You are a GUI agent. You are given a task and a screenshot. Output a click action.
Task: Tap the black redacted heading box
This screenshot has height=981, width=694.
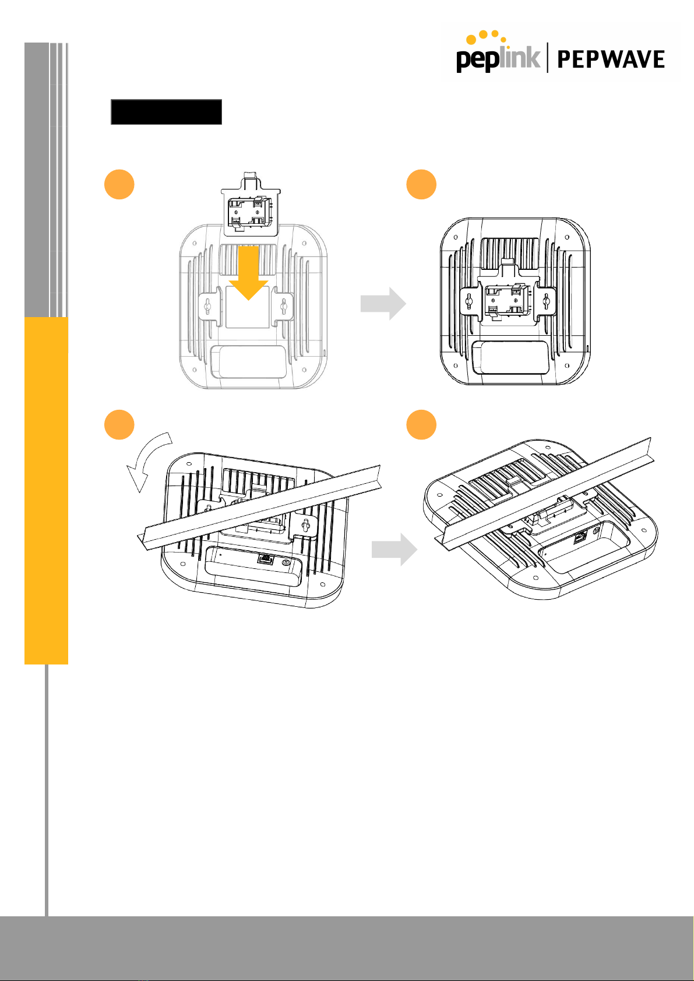pos(166,112)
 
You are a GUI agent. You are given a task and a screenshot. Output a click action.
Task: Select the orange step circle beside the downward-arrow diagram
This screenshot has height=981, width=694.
pos(119,184)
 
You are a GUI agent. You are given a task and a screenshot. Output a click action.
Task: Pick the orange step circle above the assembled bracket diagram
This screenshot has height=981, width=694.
pos(421,184)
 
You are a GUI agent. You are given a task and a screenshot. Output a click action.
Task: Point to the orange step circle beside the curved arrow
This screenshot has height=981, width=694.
pos(119,424)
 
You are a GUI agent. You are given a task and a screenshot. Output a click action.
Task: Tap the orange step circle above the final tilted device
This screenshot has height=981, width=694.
pos(421,424)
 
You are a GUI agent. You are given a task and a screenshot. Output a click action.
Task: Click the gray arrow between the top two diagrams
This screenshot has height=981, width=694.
pos(383,303)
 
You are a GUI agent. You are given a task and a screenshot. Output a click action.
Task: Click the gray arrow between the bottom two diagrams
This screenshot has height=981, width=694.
pos(394,549)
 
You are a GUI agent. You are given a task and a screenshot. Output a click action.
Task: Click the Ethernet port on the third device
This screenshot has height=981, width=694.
pos(265,558)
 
